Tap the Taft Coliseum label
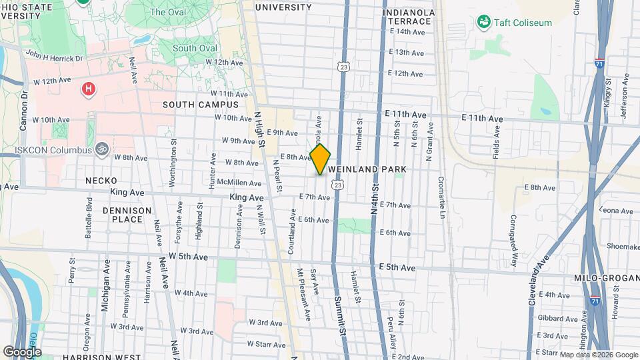click(x=523, y=23)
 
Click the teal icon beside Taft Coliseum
click(x=484, y=23)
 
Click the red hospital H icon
click(x=87, y=89)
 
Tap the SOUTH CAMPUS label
click(x=200, y=105)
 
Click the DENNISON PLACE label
click(x=127, y=214)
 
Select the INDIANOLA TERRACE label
click(x=409, y=17)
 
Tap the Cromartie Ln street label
click(x=441, y=197)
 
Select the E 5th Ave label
click(x=397, y=267)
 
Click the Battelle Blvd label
click(x=89, y=214)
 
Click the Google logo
click(x=22, y=351)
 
